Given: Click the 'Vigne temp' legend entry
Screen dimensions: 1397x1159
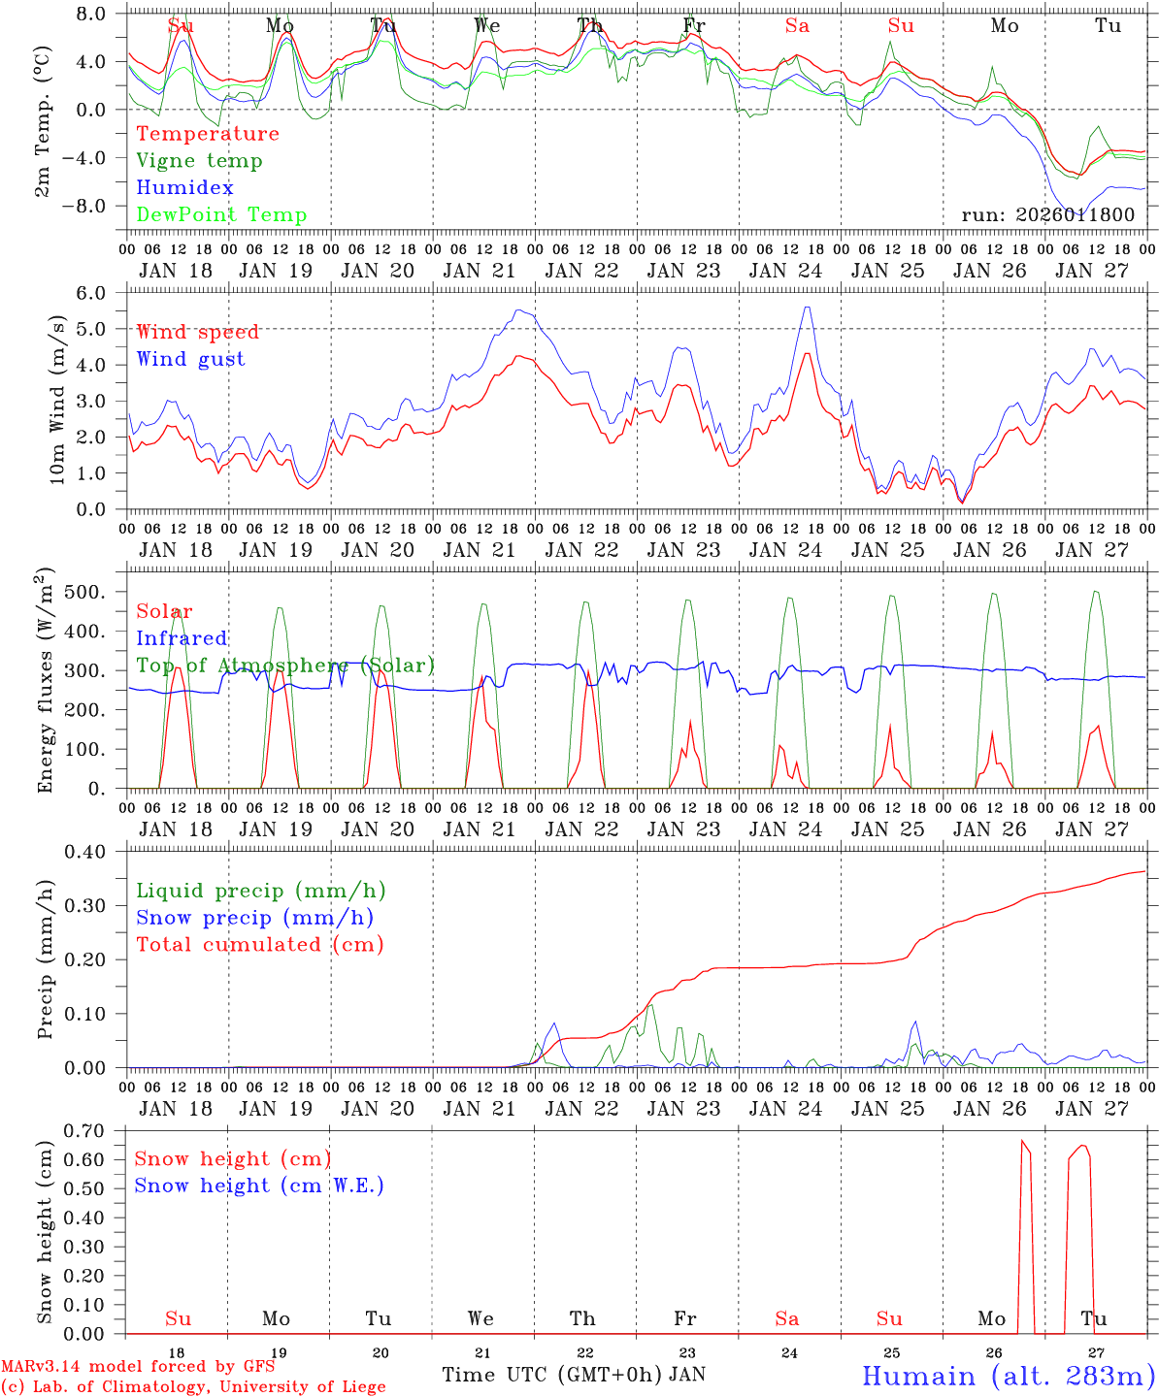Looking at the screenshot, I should (x=199, y=161).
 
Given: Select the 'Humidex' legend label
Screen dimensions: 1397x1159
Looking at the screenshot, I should (x=184, y=188).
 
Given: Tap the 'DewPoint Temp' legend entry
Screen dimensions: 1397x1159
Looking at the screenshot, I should (x=221, y=215).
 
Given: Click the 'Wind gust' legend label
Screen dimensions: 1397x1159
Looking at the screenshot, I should (x=190, y=359).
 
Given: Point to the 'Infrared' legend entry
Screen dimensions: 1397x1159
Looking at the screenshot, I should (x=182, y=638).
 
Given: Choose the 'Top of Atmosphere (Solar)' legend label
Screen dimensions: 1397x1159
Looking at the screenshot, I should (x=285, y=666).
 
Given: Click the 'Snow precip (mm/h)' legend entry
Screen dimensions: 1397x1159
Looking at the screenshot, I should (x=254, y=918).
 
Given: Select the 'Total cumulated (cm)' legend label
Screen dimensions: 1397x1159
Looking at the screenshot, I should (x=259, y=945).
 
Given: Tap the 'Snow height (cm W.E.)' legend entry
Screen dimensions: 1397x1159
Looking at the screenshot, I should (x=259, y=1186).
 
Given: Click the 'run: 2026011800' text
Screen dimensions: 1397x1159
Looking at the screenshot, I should (x=1047, y=214).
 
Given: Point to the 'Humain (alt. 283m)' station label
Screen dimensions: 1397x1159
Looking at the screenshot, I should (x=1008, y=1376).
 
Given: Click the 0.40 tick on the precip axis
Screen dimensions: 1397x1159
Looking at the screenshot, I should (x=90, y=852).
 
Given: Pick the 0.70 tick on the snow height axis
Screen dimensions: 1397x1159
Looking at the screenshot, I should (x=90, y=1131).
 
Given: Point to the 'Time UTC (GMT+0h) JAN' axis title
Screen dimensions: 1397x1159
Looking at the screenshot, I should (x=573, y=1375).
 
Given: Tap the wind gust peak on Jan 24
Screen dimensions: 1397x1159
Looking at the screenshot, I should (x=807, y=308).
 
